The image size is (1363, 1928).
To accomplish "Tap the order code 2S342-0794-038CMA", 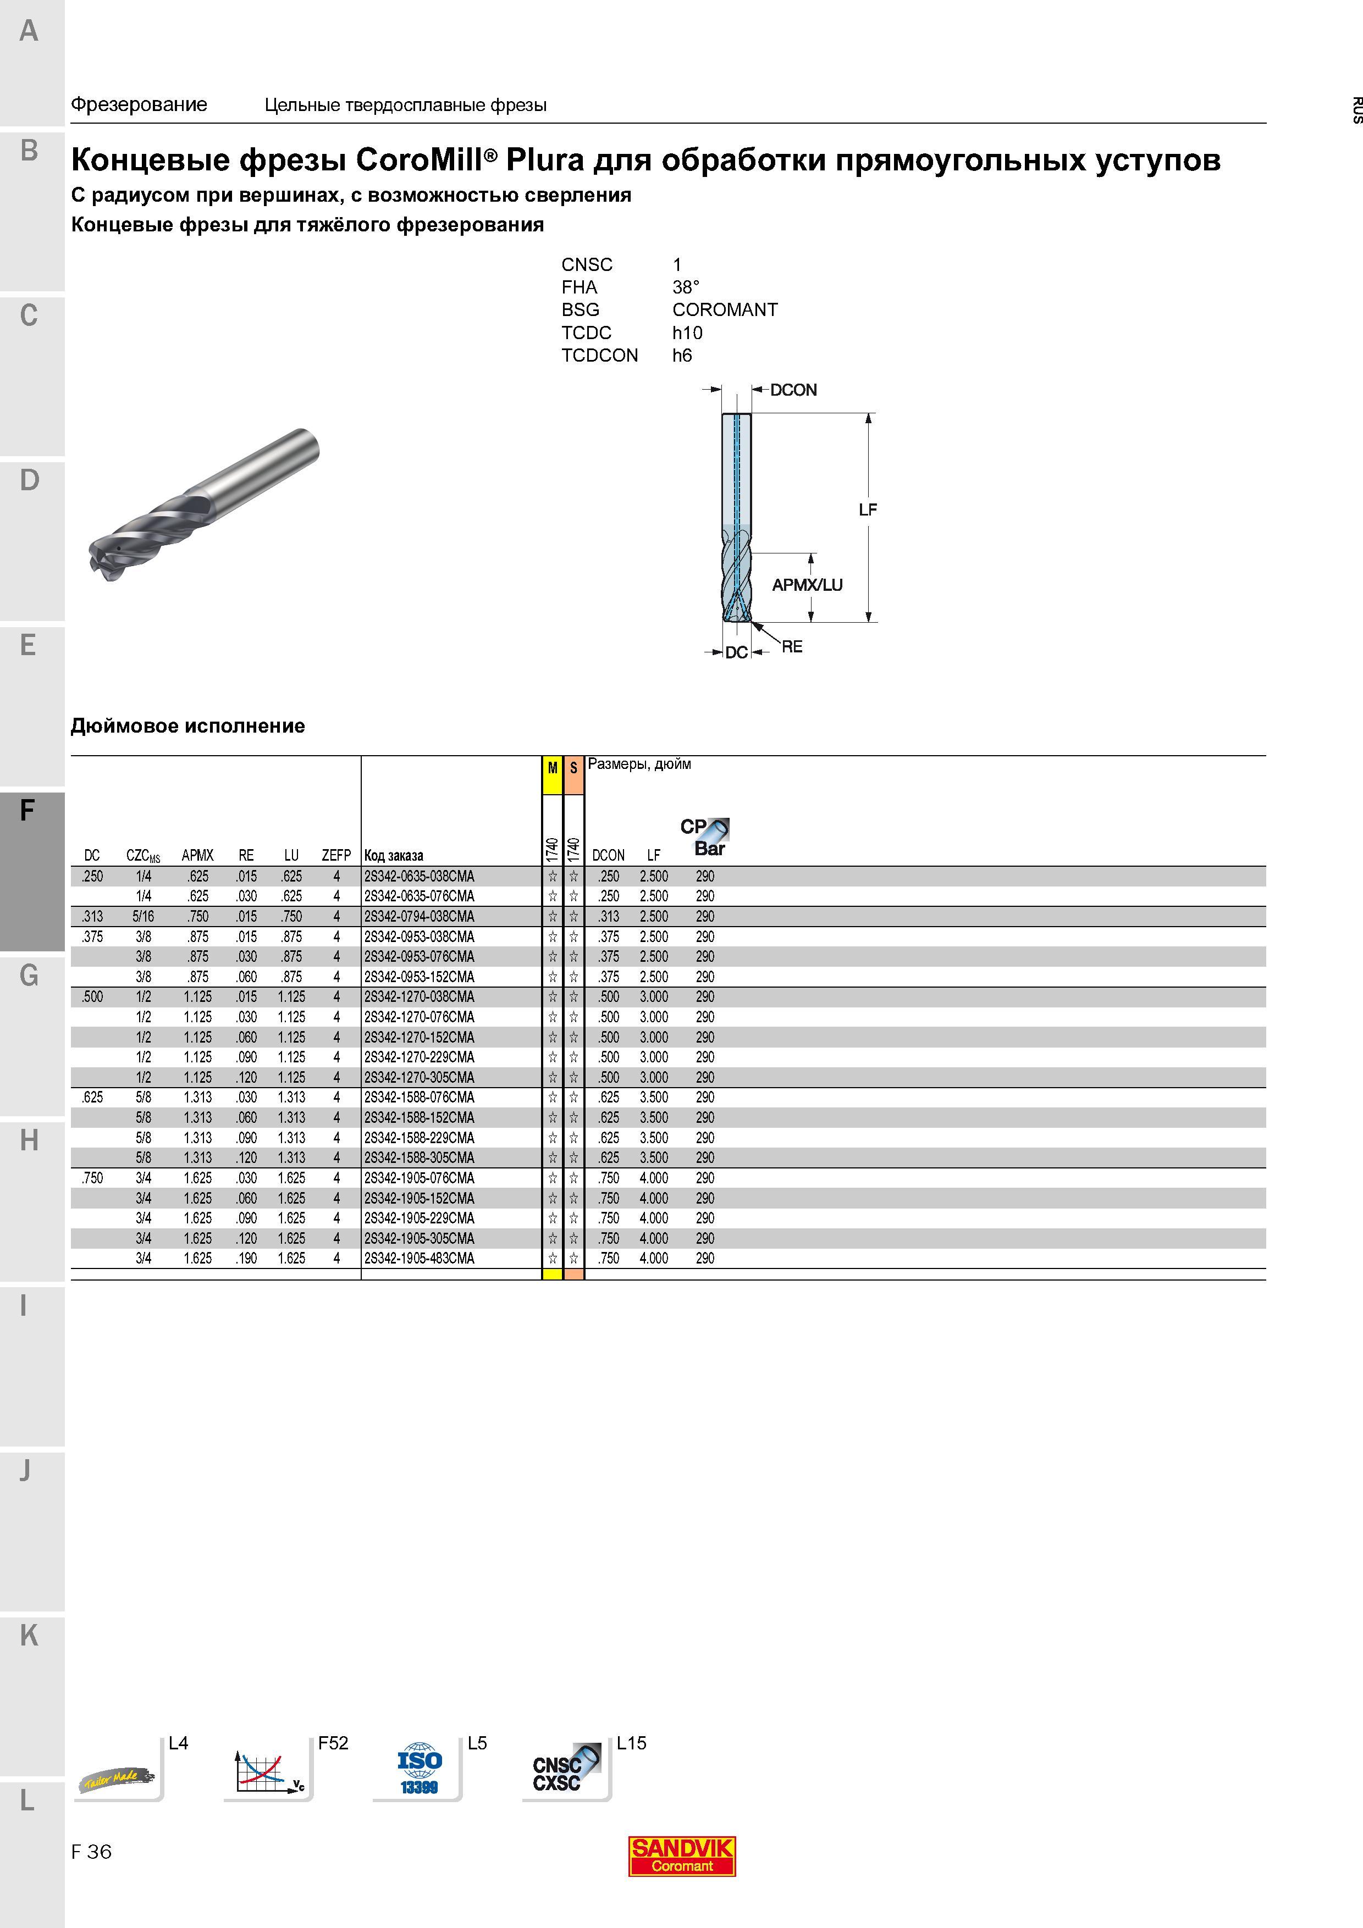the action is coord(419,916).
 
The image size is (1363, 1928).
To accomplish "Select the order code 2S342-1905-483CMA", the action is coord(419,1258).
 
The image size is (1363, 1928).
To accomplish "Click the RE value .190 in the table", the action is coord(246,1258).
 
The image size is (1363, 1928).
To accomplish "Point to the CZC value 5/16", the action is coord(143,916).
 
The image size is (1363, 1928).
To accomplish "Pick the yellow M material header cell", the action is coord(553,775).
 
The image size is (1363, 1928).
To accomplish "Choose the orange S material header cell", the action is coord(573,775).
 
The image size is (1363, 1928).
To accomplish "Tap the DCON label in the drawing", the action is coord(793,390).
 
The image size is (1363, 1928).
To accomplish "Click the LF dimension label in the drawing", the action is coord(868,509).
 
